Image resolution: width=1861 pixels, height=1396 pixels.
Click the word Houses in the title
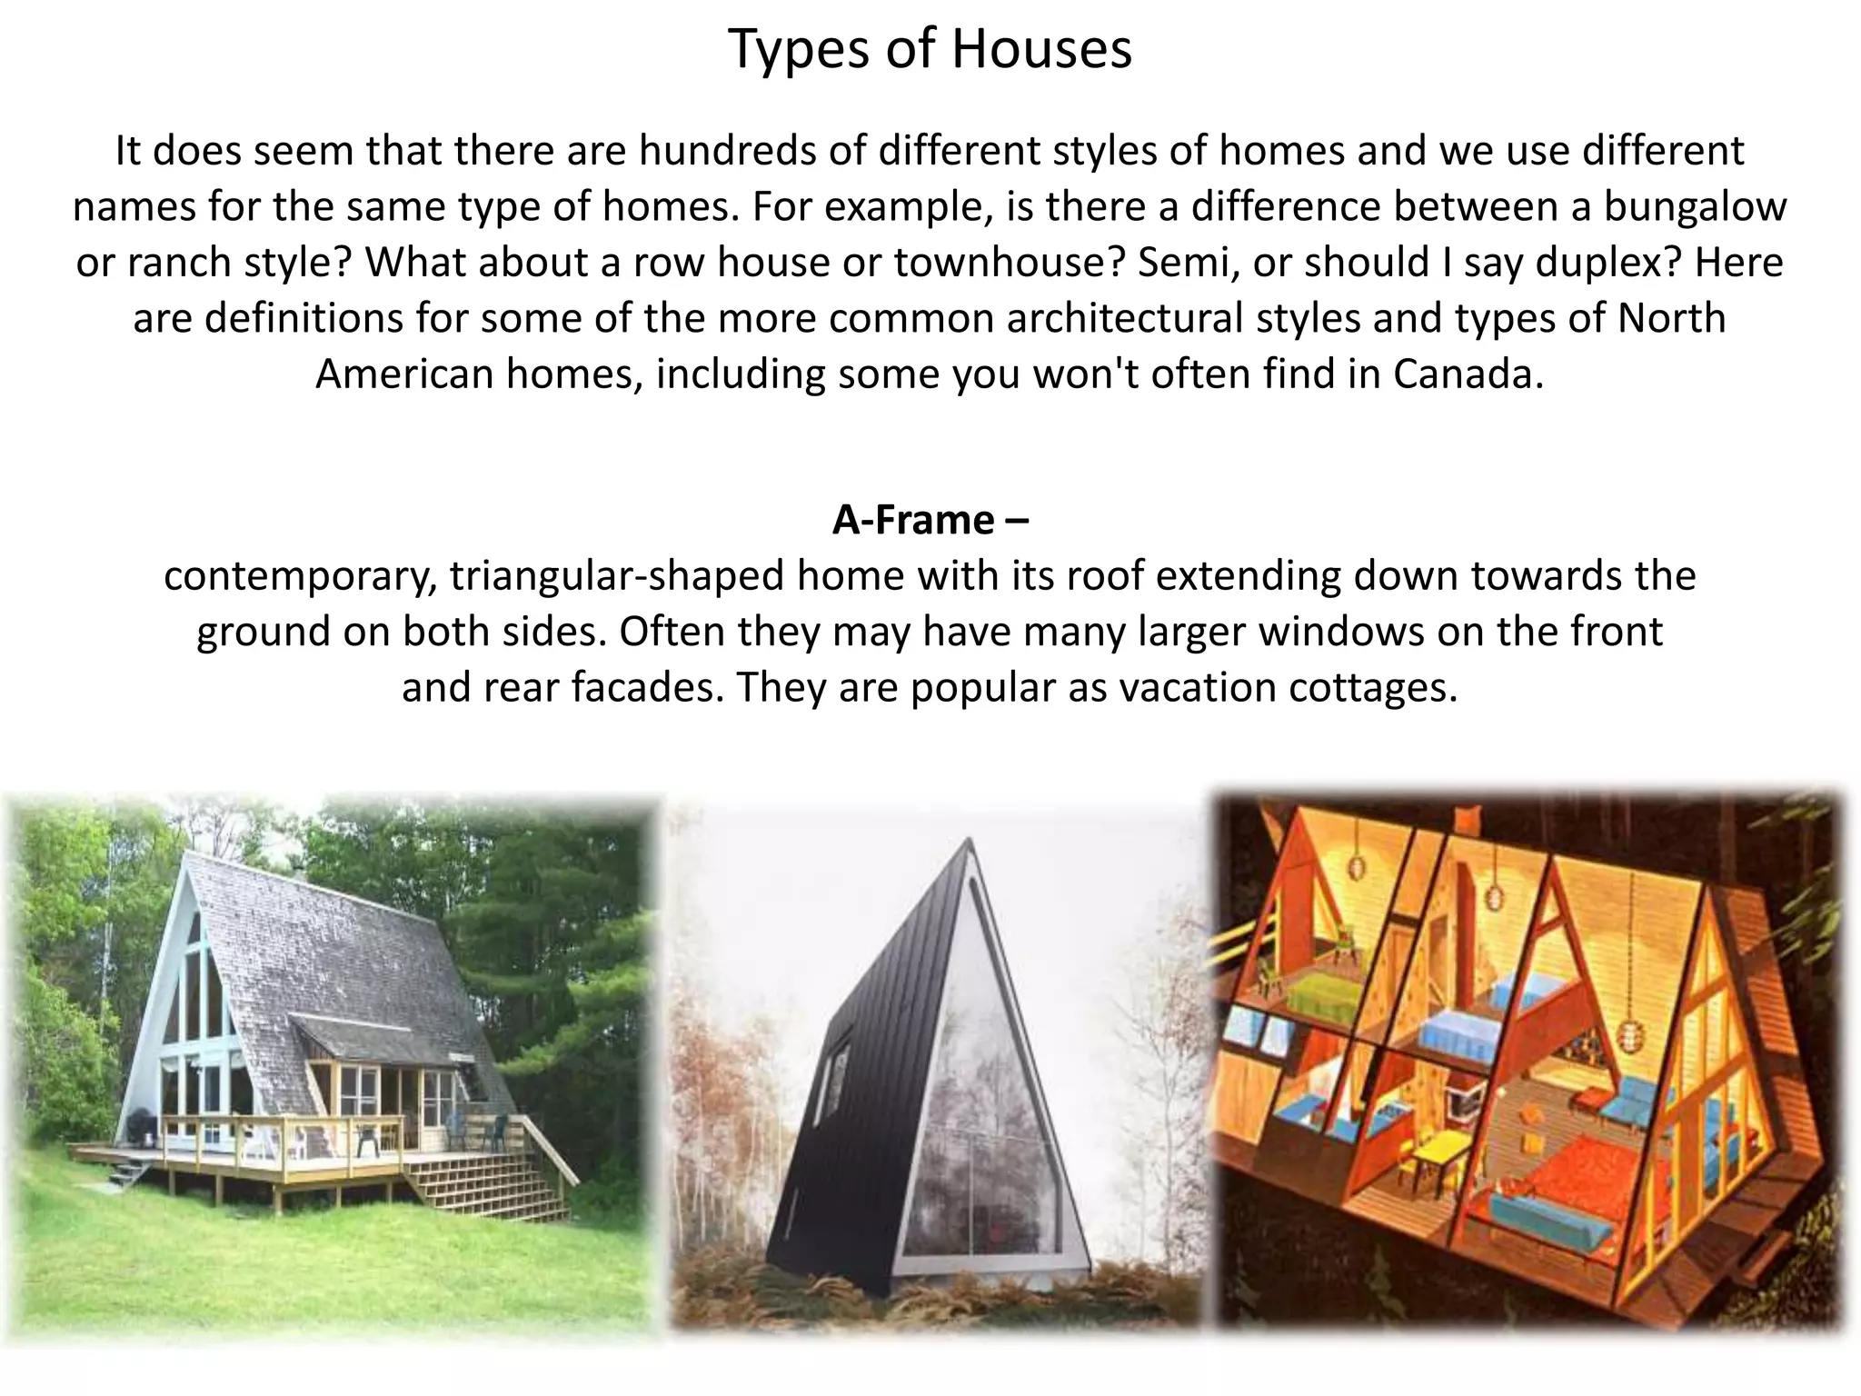point(1041,49)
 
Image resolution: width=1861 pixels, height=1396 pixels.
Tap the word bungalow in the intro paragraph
point(1695,206)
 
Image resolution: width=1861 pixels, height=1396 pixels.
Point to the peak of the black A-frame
point(970,841)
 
